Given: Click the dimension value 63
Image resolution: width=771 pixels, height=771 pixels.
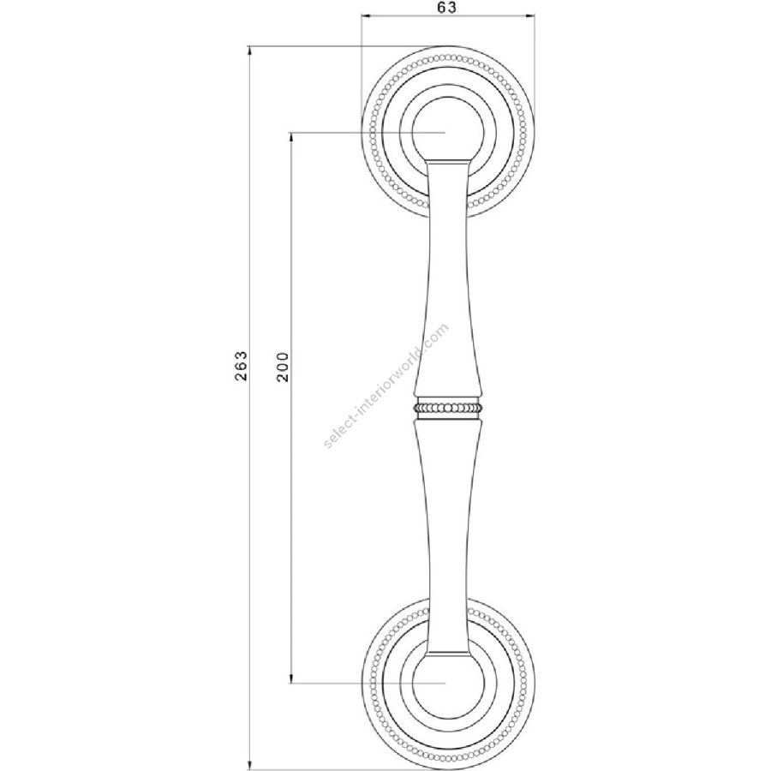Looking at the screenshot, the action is point(446,8).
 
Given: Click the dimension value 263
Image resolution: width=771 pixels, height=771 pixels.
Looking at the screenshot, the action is point(241,366).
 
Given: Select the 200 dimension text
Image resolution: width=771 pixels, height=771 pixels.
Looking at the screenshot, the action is point(283,367).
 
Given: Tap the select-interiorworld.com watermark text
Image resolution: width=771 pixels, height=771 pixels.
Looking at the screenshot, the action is point(386,385).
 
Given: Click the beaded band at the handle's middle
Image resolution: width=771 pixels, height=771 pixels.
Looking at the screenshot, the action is point(447,408).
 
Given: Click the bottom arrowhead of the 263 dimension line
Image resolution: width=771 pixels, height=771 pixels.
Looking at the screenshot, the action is point(250,766).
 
